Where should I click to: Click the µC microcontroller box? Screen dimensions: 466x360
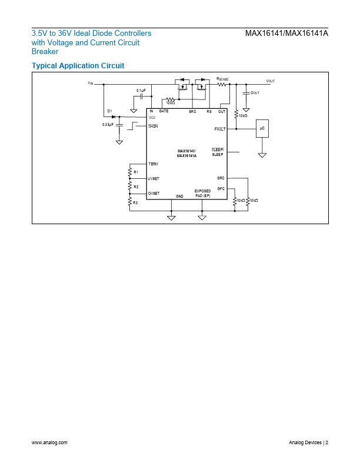tap(262, 128)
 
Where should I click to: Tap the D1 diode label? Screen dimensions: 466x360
tap(109, 111)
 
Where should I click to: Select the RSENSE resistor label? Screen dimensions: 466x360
tap(222, 78)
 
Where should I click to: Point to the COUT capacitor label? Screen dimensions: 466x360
tap(255, 93)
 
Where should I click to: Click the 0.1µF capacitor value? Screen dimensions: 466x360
tap(142, 90)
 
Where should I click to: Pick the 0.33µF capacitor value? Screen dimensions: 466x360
tap(108, 125)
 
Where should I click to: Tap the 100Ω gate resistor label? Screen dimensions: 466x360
tap(170, 103)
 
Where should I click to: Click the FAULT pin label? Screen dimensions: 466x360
tap(220, 128)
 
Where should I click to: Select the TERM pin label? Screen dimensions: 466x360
tap(153, 164)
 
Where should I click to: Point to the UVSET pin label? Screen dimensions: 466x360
tap(154, 178)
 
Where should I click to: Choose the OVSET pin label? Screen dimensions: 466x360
tap(154, 193)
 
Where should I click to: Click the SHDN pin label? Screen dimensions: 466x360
tap(153, 126)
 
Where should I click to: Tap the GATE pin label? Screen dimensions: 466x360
tap(164, 111)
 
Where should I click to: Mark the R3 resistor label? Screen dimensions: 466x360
tap(135, 202)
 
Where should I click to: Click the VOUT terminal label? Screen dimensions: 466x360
tap(271, 81)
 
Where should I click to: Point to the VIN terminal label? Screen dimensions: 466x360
tap(90, 83)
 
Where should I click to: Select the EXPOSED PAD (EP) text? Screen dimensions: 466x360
tap(202, 194)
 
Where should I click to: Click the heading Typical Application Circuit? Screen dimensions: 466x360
tap(78, 65)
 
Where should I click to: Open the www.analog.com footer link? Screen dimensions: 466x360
tap(49, 442)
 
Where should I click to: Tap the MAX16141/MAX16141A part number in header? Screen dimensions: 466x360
tap(286, 34)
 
